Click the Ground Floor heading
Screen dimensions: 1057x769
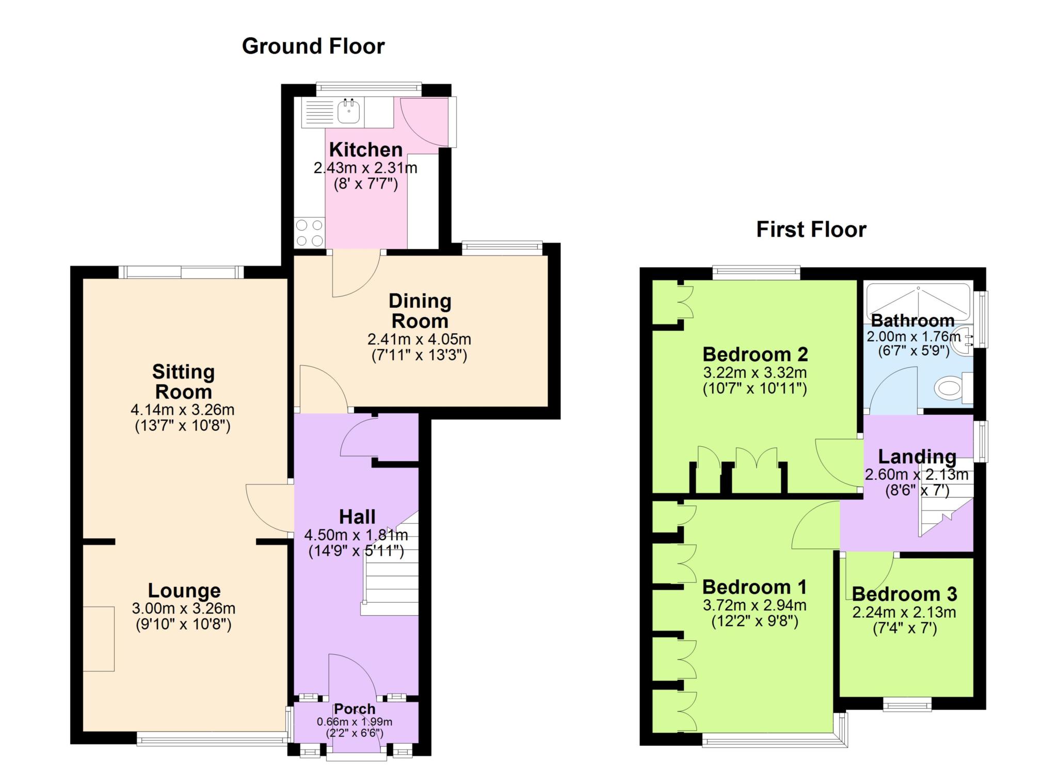pyautogui.click(x=313, y=46)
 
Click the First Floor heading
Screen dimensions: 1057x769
pyautogui.click(x=811, y=230)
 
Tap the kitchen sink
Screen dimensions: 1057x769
pyautogui.click(x=349, y=112)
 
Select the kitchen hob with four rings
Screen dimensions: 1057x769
pyautogui.click(x=310, y=232)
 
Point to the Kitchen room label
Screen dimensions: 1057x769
pyautogui.click(x=366, y=150)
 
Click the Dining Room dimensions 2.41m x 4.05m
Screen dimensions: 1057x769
pyautogui.click(x=419, y=339)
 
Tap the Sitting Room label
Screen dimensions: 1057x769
pyautogui.click(x=183, y=382)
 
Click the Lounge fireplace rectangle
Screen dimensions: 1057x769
pyautogui.click(x=99, y=639)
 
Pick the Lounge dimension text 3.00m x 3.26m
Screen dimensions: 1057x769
pyautogui.click(x=184, y=608)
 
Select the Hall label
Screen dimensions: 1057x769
pyautogui.click(x=357, y=517)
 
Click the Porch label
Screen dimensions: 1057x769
pyautogui.click(x=355, y=709)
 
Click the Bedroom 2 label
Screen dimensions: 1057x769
pyautogui.click(x=755, y=355)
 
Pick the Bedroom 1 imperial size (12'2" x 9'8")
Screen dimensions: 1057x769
pyautogui.click(x=755, y=621)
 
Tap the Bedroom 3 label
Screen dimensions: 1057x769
pyautogui.click(x=904, y=594)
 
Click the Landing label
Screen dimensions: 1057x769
pyautogui.click(x=917, y=457)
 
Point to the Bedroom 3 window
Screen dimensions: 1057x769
pyautogui.click(x=907, y=704)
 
